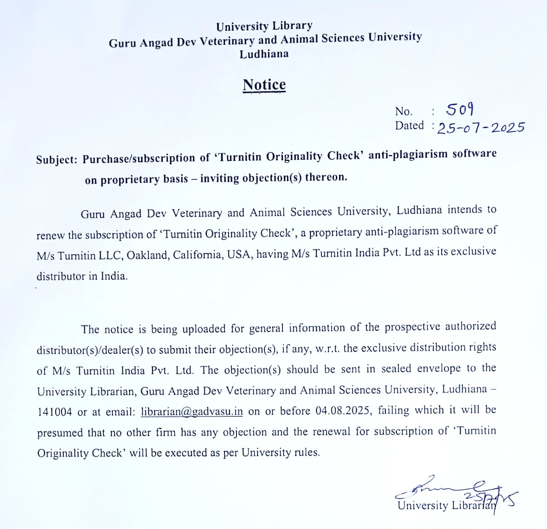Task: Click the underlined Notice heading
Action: point(264,85)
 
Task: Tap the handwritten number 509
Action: point(460,109)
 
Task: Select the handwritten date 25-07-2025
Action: point(480,127)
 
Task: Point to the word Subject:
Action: point(57,159)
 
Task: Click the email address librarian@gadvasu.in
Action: point(192,411)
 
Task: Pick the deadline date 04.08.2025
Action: point(343,410)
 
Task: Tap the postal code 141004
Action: point(54,412)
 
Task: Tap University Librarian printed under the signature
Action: point(446,506)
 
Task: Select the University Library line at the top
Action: point(264,26)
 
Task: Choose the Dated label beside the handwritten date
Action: point(409,125)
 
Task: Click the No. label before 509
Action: point(403,111)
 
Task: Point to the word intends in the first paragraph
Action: point(465,210)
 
